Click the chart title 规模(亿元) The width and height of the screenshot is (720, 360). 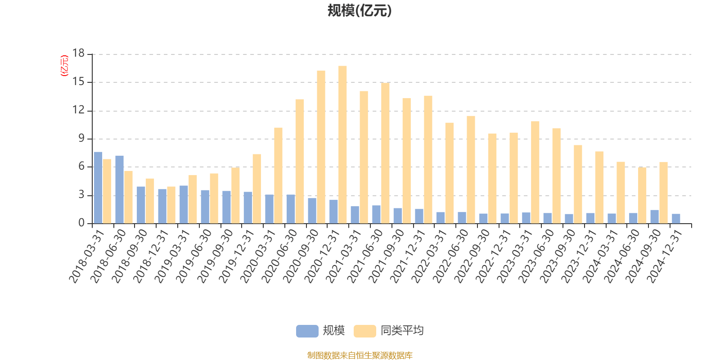360,11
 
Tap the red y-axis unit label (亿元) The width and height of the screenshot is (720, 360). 64,66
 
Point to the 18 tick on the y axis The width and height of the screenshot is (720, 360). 78,54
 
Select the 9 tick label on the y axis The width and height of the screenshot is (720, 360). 81,139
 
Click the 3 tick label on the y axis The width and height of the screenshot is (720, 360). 81,195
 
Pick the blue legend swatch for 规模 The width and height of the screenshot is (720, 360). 307,331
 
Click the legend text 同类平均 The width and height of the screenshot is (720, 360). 402,331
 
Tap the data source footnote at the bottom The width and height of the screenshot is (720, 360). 360,355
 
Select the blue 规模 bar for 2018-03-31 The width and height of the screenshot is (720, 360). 98,188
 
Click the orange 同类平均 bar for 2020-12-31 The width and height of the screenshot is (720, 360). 342,145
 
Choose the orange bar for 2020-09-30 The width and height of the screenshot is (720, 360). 321,147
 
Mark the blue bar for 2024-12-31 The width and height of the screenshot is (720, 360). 676,219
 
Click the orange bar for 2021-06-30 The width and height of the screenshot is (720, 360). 385,153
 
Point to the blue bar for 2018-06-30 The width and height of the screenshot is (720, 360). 119,189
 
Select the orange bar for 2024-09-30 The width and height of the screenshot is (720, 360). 663,193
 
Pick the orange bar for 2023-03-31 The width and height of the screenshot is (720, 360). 535,172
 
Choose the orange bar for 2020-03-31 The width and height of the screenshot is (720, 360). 278,175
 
